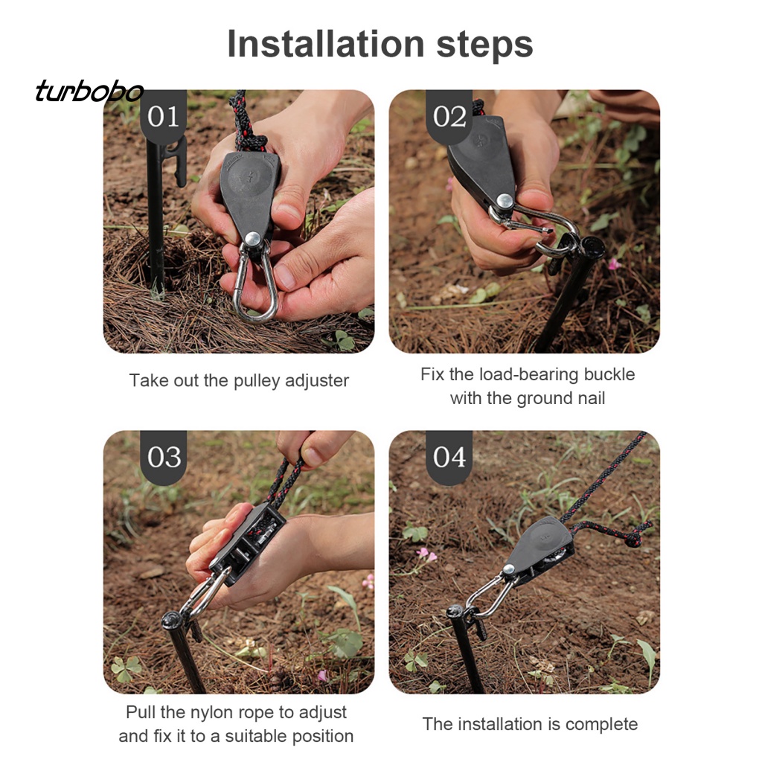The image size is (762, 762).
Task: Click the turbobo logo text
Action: click(x=89, y=91)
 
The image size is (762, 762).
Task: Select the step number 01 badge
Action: click(x=163, y=117)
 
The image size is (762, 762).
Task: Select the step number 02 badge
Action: click(x=449, y=117)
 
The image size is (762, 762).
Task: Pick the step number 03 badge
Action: click(x=164, y=458)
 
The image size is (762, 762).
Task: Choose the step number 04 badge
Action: click(x=449, y=458)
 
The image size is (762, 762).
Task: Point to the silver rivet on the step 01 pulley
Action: click(x=253, y=239)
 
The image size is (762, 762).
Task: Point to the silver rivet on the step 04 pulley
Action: click(x=509, y=569)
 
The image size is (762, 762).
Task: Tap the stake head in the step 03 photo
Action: click(x=173, y=621)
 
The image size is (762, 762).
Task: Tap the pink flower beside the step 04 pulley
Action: click(x=426, y=554)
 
